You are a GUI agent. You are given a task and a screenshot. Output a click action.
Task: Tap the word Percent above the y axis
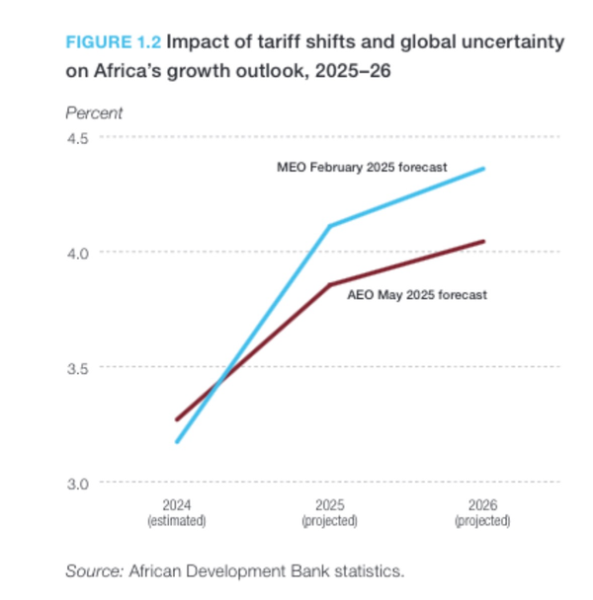pos(94,113)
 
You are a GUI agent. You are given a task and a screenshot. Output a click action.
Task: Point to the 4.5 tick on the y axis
pos(77,137)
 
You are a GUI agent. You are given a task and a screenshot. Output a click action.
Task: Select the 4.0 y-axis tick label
pos(77,253)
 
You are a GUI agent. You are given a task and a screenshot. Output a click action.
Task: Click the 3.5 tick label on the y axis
pos(77,368)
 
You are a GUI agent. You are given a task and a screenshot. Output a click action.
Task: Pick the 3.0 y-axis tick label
pos(77,483)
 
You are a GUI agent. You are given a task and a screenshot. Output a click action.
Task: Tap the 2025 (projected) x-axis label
pos(329,510)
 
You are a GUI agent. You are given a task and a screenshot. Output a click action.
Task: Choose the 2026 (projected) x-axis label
pos(482,510)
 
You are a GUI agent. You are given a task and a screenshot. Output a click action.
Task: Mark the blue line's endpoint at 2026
pos(483,169)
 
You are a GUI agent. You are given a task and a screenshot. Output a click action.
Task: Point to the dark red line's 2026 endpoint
pos(483,241)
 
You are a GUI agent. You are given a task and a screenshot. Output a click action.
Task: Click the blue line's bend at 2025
pos(330,226)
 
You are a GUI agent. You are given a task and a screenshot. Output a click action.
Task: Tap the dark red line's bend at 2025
pos(330,284)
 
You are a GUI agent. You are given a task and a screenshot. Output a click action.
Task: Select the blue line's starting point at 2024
pos(177,441)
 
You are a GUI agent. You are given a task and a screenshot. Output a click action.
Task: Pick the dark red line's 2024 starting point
pos(177,419)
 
